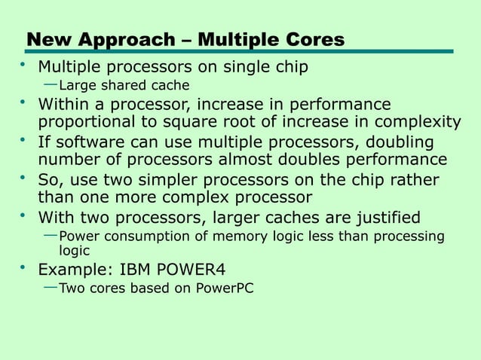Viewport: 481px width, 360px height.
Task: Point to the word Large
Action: coord(78,84)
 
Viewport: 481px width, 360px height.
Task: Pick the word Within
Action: coord(66,103)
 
